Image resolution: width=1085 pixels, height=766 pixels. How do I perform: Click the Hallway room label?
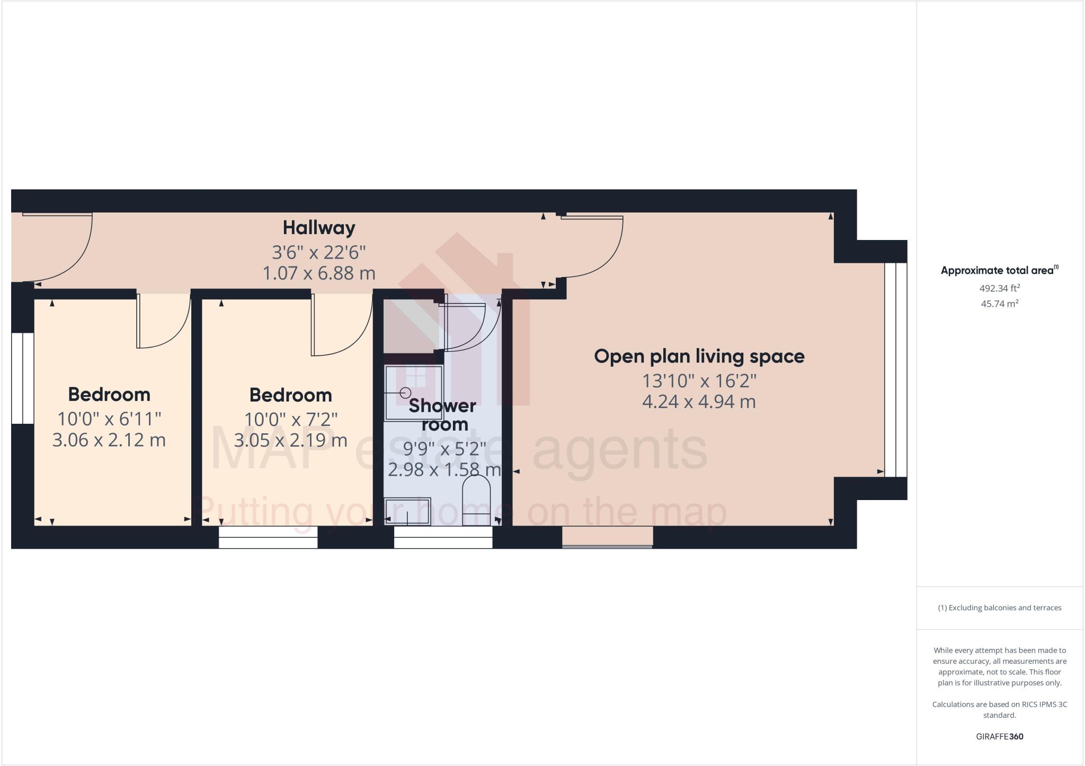coord(318,228)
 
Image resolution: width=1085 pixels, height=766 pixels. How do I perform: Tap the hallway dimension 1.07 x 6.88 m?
coord(319,273)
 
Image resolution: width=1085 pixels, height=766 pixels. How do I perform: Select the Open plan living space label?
coord(699,356)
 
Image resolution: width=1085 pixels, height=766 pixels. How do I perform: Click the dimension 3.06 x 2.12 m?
coord(109,440)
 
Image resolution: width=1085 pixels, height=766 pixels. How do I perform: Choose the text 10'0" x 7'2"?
coord(291,419)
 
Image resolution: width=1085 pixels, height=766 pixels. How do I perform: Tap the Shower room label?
coord(443,415)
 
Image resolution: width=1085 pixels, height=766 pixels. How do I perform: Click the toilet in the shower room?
coord(476,501)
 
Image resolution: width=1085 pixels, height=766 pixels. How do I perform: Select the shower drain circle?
coord(406,393)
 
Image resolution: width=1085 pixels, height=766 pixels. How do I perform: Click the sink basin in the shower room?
coord(407,511)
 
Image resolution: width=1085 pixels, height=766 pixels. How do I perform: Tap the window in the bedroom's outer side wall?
coord(22,378)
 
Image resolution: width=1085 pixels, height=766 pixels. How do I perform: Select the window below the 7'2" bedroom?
coord(268,537)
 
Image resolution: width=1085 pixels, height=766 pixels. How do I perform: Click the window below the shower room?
coord(443,537)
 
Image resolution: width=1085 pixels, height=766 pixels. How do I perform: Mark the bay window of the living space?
coord(895,370)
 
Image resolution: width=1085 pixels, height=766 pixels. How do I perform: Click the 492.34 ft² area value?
coord(999,289)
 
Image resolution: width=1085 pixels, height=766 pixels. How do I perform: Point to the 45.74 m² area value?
coord(999,304)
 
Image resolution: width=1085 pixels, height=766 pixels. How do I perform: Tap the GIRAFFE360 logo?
coord(999,736)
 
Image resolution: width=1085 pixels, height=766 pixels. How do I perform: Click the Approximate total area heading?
coord(999,270)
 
